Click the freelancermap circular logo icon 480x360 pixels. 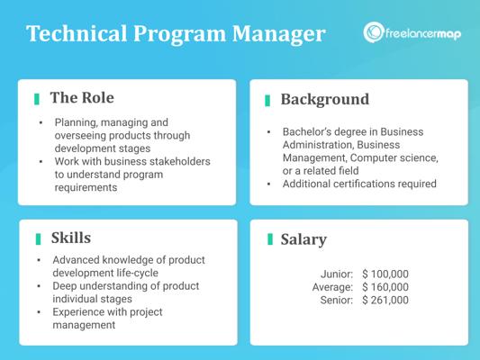373,32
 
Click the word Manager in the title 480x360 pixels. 278,33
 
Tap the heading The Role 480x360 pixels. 82,98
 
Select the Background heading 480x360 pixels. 325,100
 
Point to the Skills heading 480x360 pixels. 71,238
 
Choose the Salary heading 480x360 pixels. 303,239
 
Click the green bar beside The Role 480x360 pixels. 37,99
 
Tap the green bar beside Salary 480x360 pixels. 270,239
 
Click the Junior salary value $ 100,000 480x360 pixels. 385,274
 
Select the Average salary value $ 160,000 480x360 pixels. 385,287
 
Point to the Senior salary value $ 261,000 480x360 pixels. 385,300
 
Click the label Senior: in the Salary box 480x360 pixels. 337,300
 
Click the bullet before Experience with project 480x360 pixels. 39,312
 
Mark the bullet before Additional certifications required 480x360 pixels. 268,184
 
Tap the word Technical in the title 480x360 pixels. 77,33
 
